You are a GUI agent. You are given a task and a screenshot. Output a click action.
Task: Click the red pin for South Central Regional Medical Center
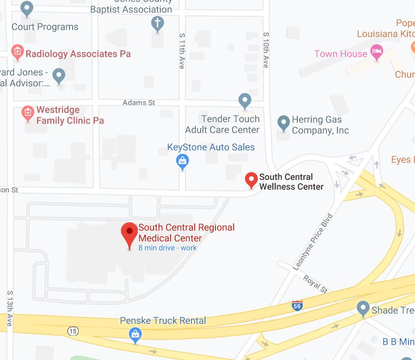[x=129, y=234]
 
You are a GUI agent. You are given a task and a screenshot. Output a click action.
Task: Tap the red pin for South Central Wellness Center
[x=251, y=179]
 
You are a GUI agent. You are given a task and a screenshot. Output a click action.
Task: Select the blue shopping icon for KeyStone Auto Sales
[x=183, y=161]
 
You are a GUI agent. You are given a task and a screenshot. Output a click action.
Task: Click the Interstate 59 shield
[x=297, y=305]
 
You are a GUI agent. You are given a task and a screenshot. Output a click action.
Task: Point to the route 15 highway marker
[x=73, y=331]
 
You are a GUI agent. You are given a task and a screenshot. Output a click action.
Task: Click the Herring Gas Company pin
[x=283, y=123]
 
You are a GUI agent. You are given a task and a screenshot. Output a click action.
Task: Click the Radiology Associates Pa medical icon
[x=17, y=53]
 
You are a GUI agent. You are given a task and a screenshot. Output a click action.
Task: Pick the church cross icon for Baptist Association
[x=157, y=24]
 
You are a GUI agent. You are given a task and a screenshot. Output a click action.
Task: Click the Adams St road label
[x=139, y=102]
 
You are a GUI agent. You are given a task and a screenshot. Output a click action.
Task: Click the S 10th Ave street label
[x=266, y=49]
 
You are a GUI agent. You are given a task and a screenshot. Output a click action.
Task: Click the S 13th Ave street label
[x=10, y=308]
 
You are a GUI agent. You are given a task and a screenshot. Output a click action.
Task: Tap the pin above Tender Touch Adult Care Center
[x=245, y=100]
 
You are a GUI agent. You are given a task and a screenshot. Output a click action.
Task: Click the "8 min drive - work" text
[x=167, y=248]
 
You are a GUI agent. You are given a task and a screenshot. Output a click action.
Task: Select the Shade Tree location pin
[x=363, y=309]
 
